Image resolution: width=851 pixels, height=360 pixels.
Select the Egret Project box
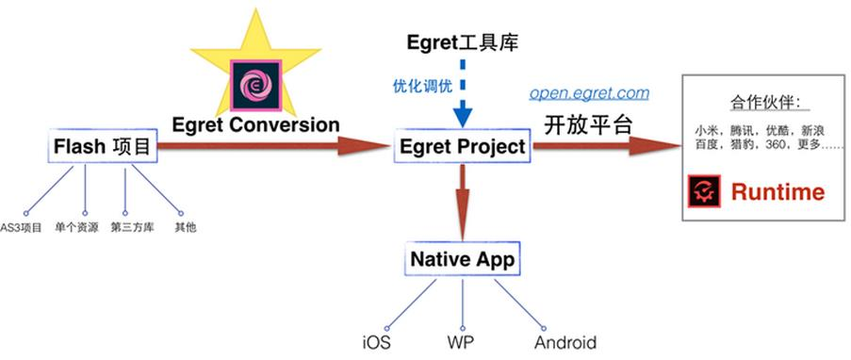462,147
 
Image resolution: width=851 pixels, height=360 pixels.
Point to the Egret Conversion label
255,124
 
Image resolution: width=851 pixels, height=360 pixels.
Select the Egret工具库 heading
462,41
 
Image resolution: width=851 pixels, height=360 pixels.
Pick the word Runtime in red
777,192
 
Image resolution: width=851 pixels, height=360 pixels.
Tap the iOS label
376,343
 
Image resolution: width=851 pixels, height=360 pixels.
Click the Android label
565,343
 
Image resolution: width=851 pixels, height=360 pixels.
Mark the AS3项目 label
22,227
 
